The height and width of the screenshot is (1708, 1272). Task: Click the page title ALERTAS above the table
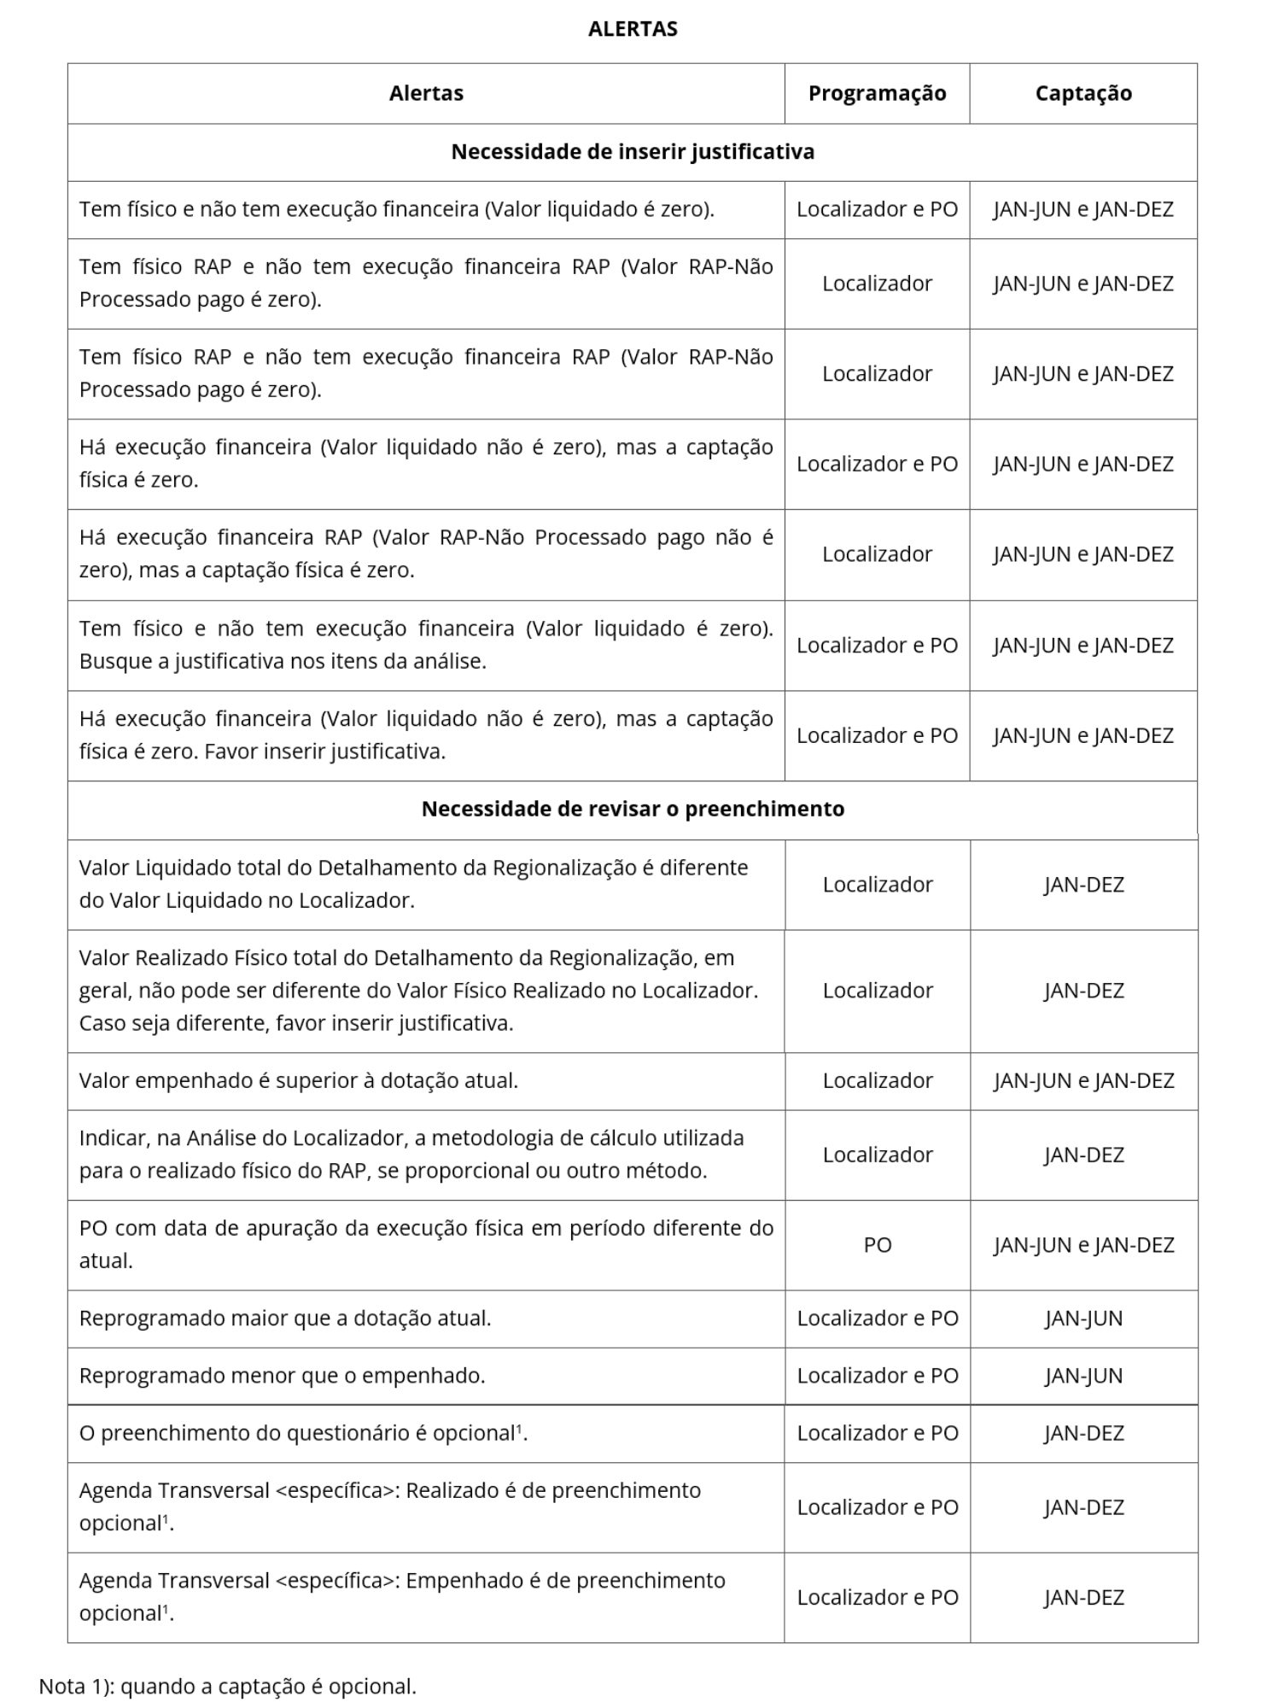[633, 29]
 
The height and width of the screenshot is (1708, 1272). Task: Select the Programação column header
[877, 93]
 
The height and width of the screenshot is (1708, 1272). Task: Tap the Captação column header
[1082, 93]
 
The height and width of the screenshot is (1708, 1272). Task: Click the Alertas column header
[426, 93]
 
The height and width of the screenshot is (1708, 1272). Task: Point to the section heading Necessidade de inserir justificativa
[633, 152]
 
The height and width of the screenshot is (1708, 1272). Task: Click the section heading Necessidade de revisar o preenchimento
[633, 809]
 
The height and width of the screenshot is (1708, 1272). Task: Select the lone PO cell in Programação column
[877, 1244]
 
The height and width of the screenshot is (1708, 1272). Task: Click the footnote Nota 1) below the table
[228, 1686]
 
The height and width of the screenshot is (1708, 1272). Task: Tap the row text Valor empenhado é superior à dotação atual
[299, 1080]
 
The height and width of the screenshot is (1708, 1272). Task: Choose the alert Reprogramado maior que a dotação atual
[285, 1318]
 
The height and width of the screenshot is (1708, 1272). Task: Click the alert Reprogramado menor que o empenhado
[282, 1375]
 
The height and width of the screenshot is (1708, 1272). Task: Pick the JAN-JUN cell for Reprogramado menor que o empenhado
[1082, 1375]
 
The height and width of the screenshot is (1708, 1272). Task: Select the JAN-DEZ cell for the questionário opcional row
[1082, 1432]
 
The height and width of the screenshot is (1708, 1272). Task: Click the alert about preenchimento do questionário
[303, 1432]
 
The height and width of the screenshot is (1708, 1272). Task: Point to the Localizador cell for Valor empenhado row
[877, 1080]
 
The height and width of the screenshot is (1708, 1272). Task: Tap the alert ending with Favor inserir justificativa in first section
[426, 734]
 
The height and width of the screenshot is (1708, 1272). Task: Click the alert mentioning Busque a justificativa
[426, 645]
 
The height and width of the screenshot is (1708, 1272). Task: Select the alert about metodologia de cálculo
[411, 1154]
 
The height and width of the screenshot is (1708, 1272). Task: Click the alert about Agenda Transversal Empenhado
[402, 1596]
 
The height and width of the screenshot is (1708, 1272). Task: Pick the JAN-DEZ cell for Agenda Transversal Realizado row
[1082, 1506]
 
